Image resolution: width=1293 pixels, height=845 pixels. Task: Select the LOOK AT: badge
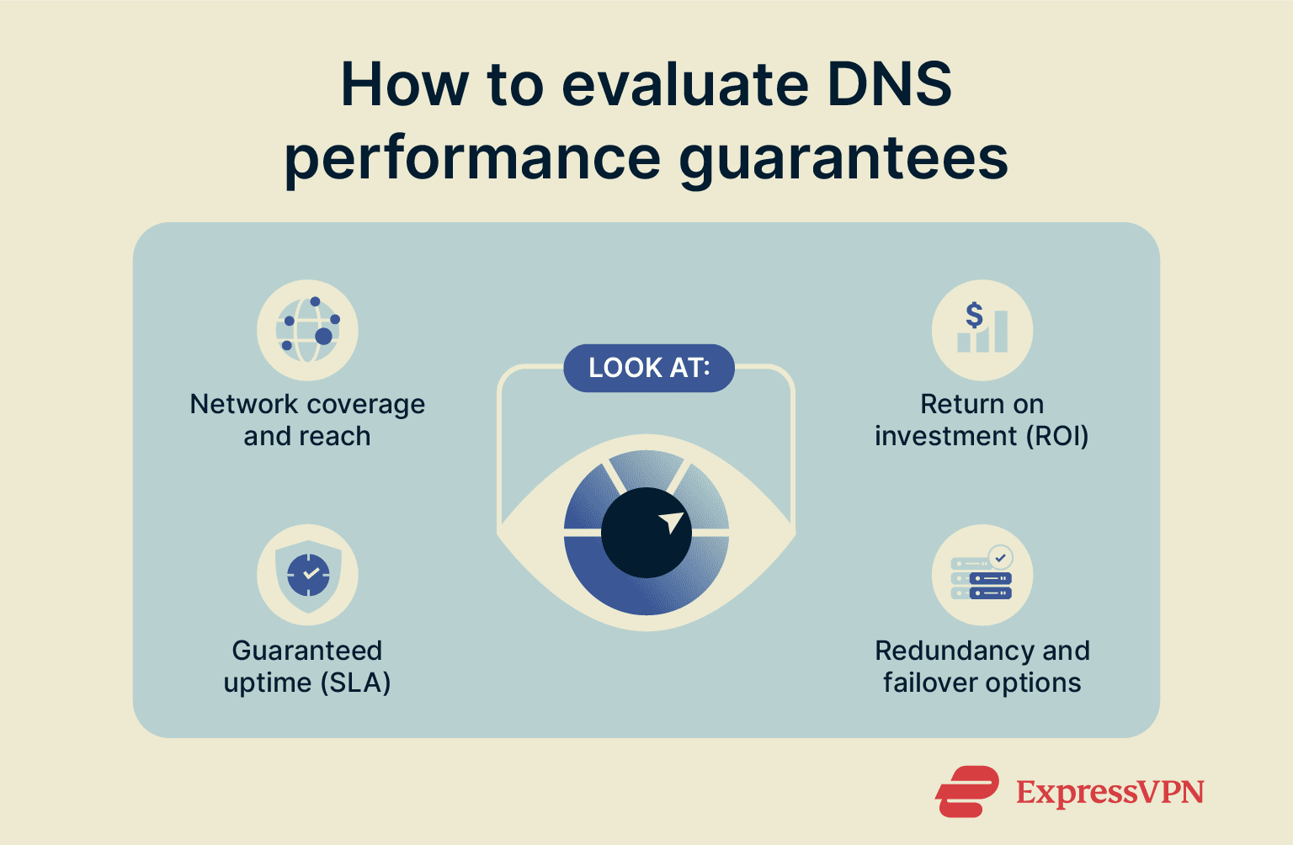(648, 368)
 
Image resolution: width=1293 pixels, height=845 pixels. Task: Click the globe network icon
(307, 330)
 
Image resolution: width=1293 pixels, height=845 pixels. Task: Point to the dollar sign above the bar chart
(974, 315)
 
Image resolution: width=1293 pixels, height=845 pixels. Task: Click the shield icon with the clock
(308, 575)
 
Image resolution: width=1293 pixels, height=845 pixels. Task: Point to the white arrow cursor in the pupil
(672, 522)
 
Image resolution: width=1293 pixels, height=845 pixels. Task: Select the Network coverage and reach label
(307, 420)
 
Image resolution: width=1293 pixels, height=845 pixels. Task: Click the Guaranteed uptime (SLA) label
(307, 666)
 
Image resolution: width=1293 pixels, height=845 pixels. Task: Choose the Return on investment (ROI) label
(982, 420)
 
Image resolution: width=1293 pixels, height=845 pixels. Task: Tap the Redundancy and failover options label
(982, 666)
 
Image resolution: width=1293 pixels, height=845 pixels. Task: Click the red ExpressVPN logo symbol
(966, 791)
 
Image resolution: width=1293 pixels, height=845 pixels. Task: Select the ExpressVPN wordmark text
(1109, 792)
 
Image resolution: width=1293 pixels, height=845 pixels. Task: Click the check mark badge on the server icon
(1000, 557)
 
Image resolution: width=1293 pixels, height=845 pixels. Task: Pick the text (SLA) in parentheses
(355, 683)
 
